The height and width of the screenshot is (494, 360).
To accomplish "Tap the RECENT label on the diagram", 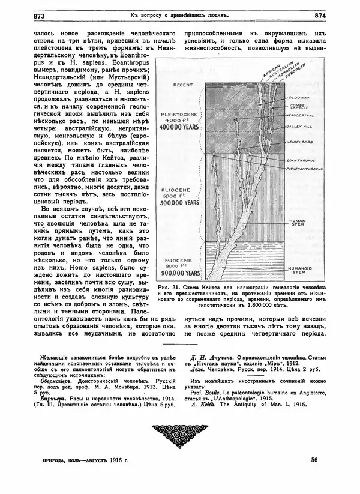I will pos(183,85).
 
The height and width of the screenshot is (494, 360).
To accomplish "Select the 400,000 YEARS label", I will pos(184,127).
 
